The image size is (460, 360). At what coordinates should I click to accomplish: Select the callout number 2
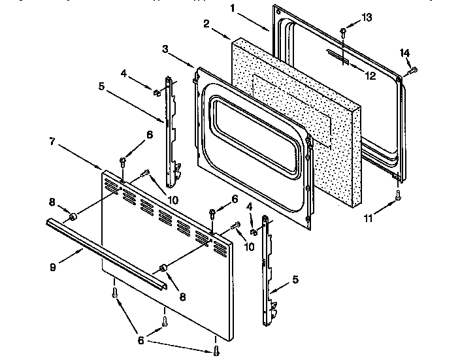click(206, 24)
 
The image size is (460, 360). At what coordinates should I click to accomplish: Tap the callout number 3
click(166, 49)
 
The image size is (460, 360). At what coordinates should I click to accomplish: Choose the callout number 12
click(370, 76)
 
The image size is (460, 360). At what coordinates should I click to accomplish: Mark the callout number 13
click(366, 16)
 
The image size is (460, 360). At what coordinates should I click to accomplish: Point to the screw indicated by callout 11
click(399, 194)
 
